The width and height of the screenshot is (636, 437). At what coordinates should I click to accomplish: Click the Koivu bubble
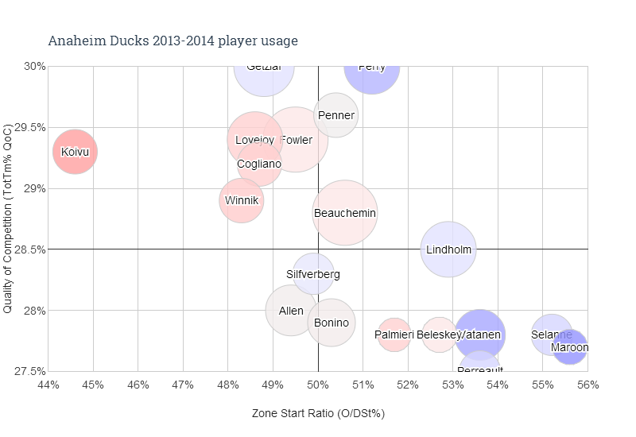pos(76,152)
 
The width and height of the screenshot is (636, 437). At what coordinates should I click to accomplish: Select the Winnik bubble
pos(242,200)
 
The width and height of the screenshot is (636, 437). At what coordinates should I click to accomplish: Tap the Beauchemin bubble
pos(344,213)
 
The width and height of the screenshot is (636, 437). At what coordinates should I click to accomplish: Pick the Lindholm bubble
pos(448,249)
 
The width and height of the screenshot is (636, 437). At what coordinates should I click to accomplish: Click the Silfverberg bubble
pos(313,274)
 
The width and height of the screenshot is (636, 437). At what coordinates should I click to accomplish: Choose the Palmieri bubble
pos(394,335)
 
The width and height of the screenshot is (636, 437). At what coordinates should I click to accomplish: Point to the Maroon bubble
pos(570,347)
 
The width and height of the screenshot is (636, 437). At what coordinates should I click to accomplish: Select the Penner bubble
pos(335,115)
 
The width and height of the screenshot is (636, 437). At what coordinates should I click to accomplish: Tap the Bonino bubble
pos(331,323)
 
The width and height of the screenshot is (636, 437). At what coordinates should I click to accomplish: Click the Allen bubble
pos(292,311)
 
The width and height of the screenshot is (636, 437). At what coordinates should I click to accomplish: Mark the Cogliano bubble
pos(258,164)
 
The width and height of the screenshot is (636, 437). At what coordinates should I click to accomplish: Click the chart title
pos(173,41)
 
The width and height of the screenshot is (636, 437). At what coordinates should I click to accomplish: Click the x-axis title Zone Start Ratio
pos(318,414)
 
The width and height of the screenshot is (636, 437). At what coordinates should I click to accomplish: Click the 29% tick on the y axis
pos(33,188)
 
